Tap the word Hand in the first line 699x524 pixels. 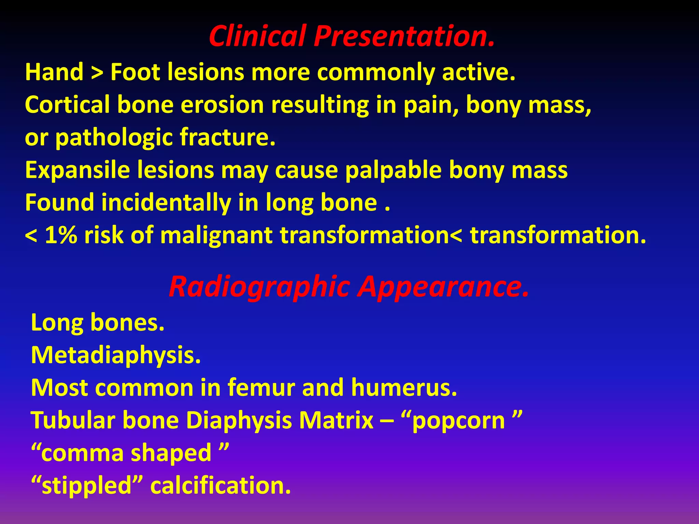(x=54, y=72)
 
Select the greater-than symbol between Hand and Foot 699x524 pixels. (x=97, y=73)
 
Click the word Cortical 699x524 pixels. (x=67, y=105)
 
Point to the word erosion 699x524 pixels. (x=222, y=105)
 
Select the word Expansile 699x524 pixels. (x=77, y=170)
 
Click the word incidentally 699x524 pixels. (x=166, y=203)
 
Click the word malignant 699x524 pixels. (x=216, y=235)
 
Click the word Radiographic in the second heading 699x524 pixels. (x=259, y=287)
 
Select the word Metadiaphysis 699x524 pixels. (x=115, y=355)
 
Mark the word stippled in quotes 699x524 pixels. (x=86, y=485)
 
